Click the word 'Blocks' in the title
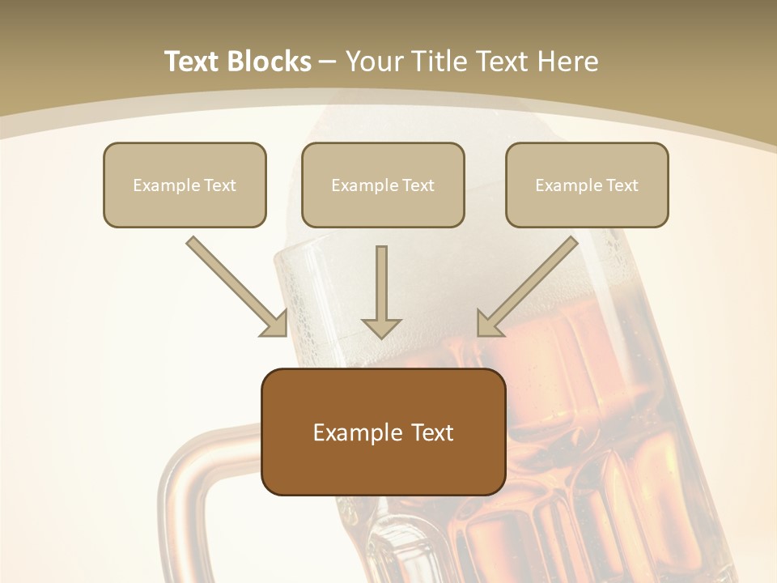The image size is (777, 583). [271, 62]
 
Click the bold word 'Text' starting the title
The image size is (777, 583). [193, 62]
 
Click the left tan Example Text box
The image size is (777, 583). [185, 185]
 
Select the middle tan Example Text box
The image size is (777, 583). [383, 185]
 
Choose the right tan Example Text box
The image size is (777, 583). [587, 185]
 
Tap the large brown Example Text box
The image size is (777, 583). [383, 432]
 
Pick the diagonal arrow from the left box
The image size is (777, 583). [235, 285]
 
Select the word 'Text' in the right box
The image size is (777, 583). [622, 185]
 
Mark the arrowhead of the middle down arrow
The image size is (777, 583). [381, 326]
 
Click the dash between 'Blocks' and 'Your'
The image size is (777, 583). [328, 60]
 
